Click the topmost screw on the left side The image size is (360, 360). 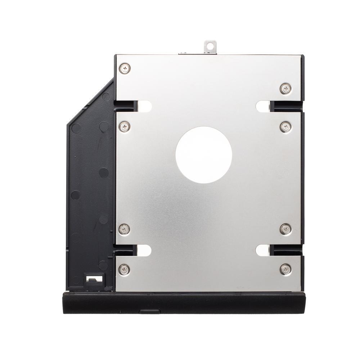coord(125,68)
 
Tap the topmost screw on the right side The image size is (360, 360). coord(285,88)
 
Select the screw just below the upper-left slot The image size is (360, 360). coord(125,126)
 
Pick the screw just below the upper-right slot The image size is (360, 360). coord(285,126)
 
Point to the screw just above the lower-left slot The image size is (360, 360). coord(125,229)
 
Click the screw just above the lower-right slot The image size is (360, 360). coord(285,229)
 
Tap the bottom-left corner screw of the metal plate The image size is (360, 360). coord(124,268)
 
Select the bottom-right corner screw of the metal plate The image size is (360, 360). coord(285,268)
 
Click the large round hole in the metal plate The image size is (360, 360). coord(203,155)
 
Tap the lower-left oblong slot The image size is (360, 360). coord(144,250)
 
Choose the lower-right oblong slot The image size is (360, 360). coord(263,250)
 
